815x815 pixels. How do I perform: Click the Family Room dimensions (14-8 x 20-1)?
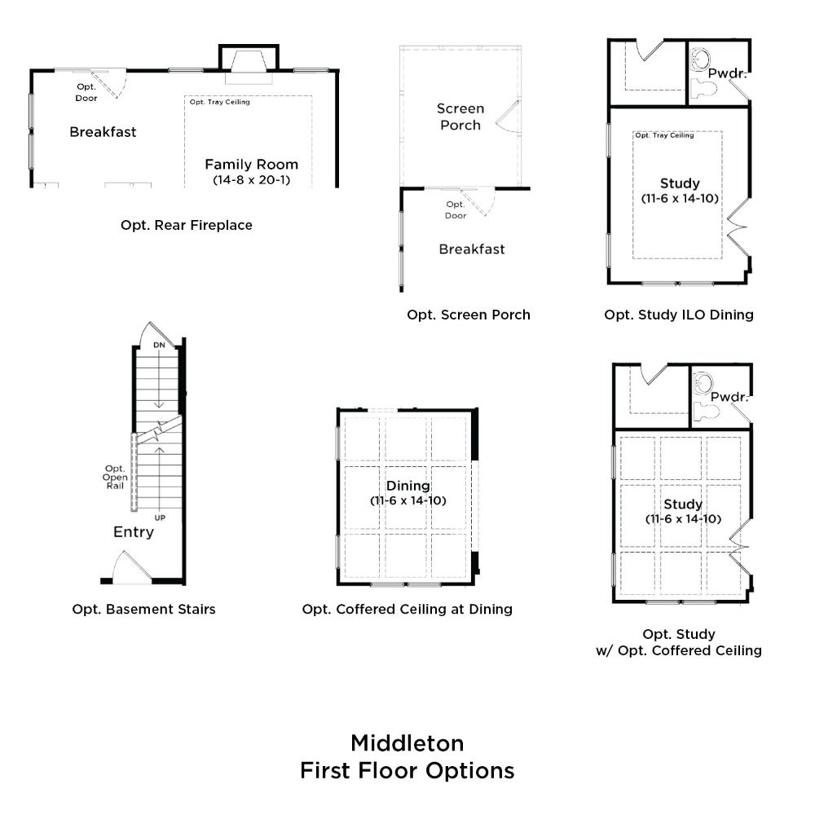pos(252,180)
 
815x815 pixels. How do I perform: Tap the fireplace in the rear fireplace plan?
pos(249,64)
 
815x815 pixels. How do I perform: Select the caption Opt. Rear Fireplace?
pos(187,225)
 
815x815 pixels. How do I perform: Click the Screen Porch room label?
pos(460,117)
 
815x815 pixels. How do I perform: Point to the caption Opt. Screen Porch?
pos(469,315)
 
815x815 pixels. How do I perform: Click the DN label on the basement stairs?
pos(159,345)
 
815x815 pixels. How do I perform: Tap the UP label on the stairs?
pos(160,518)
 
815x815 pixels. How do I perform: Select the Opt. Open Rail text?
pos(115,477)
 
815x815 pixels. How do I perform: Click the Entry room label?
pos(134,531)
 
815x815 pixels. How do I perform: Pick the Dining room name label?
pos(408,486)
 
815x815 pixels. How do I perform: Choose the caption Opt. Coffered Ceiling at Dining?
pos(407,609)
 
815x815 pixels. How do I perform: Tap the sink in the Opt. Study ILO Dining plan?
pos(701,59)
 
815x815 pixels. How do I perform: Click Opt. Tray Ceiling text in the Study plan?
pos(664,135)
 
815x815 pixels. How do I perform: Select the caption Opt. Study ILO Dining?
pos(679,315)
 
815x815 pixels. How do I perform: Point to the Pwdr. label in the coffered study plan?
pos(729,397)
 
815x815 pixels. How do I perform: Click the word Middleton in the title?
pos(407,743)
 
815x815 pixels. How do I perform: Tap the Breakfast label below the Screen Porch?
pos(472,249)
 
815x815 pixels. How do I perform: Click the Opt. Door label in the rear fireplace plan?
pos(86,93)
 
